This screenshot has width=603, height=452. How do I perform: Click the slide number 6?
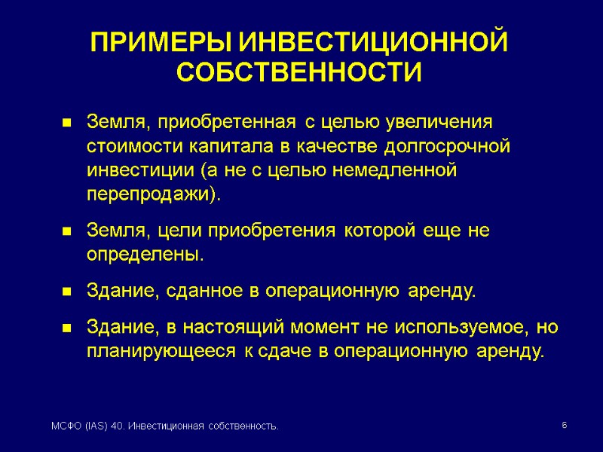(563, 427)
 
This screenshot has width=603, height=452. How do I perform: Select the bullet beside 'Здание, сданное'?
(66, 292)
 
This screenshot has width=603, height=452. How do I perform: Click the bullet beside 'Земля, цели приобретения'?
(66, 231)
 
